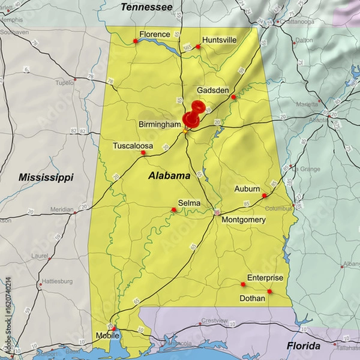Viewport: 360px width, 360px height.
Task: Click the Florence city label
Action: [155, 34]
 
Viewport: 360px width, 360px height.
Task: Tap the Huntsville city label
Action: [219, 40]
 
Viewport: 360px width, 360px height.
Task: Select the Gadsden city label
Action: [213, 90]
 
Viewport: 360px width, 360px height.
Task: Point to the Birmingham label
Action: [160, 124]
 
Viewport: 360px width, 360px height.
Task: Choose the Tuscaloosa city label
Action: [133, 145]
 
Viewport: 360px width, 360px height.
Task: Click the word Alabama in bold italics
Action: [169, 176]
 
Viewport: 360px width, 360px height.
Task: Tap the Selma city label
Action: [188, 203]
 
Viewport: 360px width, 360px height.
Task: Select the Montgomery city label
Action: [244, 220]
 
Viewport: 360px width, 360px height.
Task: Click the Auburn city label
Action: [247, 188]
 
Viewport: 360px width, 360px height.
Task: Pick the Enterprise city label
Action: [265, 277]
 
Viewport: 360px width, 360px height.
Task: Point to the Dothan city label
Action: [252, 298]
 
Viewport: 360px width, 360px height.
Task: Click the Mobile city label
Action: [109, 336]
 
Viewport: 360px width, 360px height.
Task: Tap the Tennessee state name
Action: [146, 7]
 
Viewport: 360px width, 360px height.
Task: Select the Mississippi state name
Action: [46, 177]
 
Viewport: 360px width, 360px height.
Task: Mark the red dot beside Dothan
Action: [269, 292]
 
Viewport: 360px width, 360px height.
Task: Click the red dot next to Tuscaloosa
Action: [143, 152]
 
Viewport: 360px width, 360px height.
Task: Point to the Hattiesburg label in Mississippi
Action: [58, 281]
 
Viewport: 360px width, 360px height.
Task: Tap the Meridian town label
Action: [62, 209]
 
